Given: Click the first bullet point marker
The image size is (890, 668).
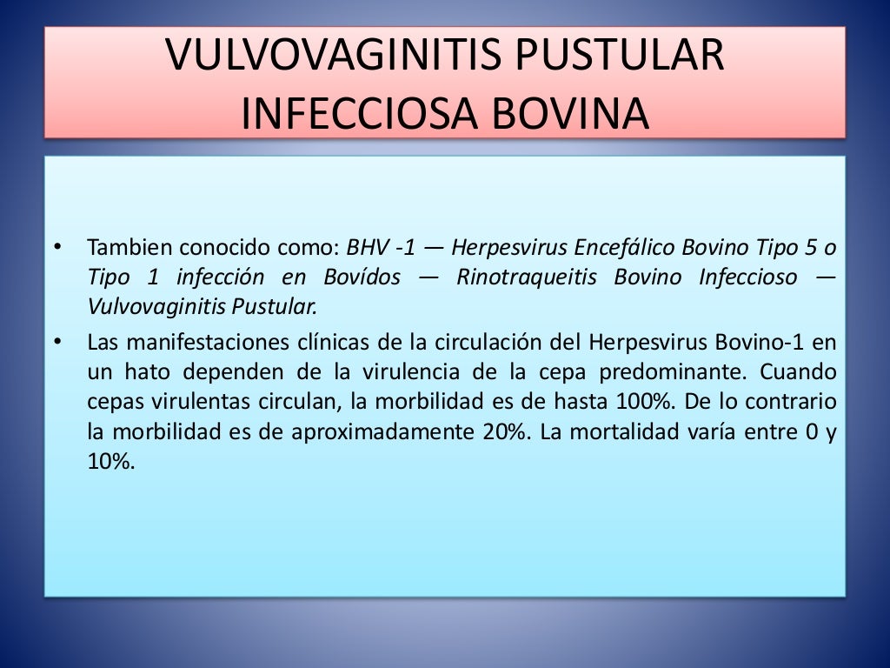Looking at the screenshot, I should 57,248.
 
